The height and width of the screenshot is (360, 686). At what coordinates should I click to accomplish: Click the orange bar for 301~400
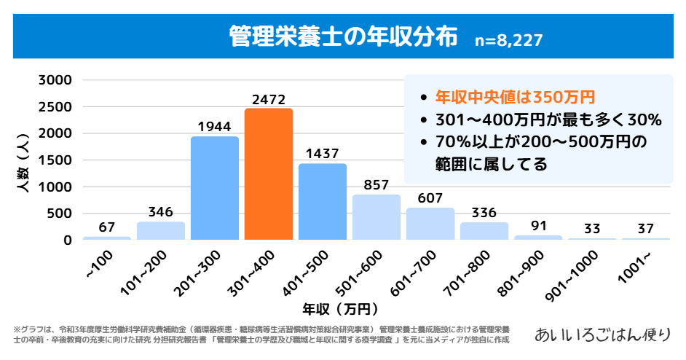pyautogui.click(x=269, y=174)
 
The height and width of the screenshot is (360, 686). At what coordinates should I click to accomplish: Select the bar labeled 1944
pyautogui.click(x=215, y=188)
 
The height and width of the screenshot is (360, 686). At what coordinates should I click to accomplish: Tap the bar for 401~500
pyautogui.click(x=323, y=202)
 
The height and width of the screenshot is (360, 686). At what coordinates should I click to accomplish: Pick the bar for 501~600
pyautogui.click(x=376, y=217)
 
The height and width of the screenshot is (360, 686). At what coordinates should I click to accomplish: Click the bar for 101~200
pyautogui.click(x=161, y=230)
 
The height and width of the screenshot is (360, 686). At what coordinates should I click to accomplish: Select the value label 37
pyautogui.click(x=646, y=229)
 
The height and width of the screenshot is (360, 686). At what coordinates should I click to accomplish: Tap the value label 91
pyautogui.click(x=538, y=225)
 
